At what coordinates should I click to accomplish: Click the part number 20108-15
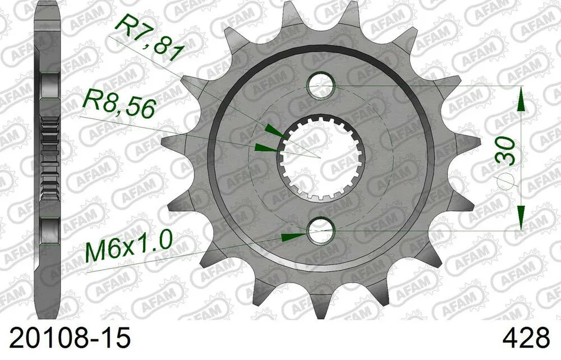(x=66, y=339)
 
